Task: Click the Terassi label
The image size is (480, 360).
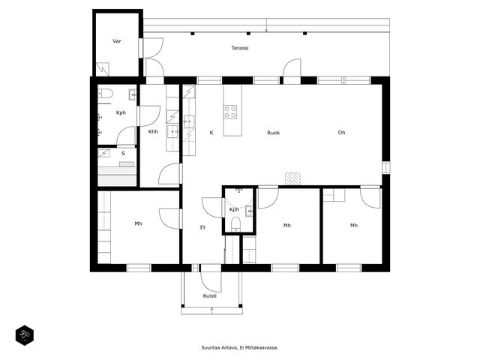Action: [240, 48]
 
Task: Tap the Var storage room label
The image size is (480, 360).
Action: [117, 41]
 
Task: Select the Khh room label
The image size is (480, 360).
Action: [153, 132]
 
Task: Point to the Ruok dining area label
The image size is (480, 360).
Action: [273, 133]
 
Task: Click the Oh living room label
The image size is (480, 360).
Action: [341, 132]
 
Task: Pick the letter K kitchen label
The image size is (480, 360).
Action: [211, 133]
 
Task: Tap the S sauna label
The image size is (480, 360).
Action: [123, 153]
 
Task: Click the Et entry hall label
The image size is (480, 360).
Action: [202, 227]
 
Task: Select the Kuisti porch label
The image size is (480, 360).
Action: [210, 296]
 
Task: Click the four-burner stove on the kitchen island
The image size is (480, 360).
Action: [230, 112]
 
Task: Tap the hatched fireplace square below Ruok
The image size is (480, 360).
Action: [292, 178]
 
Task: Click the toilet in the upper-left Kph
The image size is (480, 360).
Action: [105, 93]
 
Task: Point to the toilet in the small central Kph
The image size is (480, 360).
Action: [235, 224]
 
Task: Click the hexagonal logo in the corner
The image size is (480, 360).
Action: [25, 335]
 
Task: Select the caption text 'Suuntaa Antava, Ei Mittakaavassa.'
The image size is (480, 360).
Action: [240, 348]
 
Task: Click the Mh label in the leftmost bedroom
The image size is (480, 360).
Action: [138, 223]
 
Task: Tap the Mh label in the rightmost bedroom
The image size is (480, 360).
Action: [354, 225]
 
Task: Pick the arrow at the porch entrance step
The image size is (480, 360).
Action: [211, 310]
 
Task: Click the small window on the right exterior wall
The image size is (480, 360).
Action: [386, 167]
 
